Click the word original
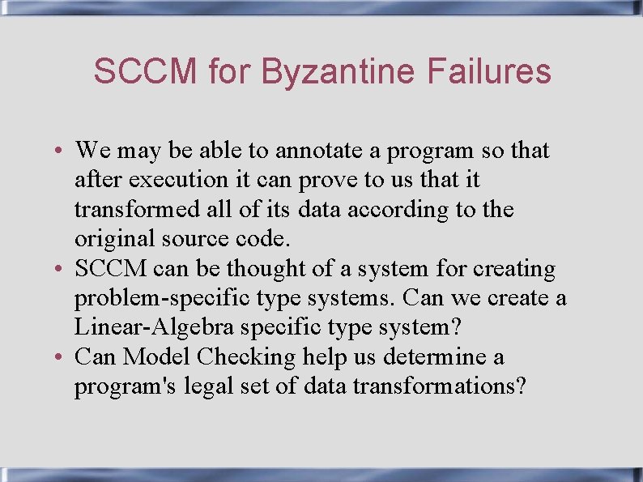[107, 239]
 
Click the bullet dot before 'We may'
[62, 151]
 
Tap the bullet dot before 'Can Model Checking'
[62, 357]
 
